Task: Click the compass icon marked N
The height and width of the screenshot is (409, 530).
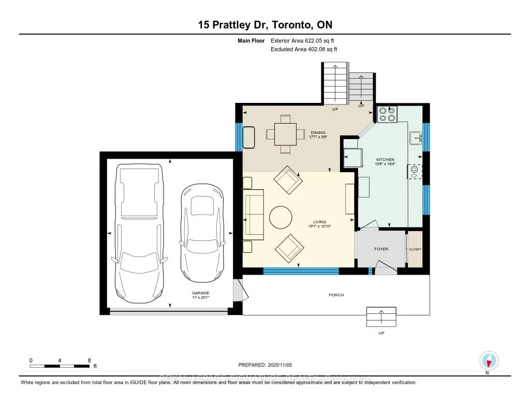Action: tap(489, 360)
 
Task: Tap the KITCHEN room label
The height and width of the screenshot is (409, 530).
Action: tap(385, 160)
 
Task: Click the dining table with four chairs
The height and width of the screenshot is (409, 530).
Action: tap(285, 134)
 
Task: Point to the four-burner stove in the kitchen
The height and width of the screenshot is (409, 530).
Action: tap(387, 114)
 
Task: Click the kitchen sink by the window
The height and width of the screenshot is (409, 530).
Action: tap(416, 138)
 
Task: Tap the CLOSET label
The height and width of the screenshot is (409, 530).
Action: tap(415, 249)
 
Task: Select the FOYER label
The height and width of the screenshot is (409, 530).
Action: tap(381, 249)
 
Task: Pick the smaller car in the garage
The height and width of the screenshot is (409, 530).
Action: tap(203, 232)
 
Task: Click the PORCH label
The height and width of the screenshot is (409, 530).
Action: tap(336, 295)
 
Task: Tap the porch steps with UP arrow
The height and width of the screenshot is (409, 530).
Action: tap(381, 316)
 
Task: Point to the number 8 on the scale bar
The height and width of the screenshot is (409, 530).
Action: tap(89, 360)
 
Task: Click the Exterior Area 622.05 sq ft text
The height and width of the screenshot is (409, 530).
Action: tap(306, 40)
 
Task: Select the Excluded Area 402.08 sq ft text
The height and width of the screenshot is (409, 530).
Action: tap(304, 50)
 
